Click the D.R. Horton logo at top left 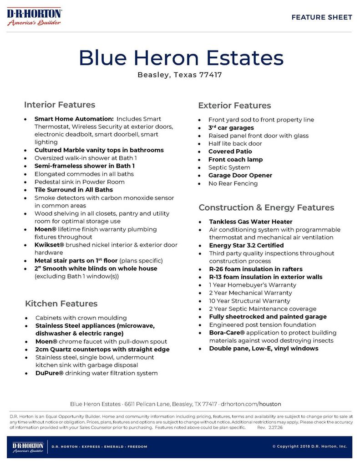pyautogui.click(x=35, y=17)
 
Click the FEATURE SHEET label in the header pyautogui.click(x=322, y=17)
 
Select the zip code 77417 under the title pyautogui.click(x=211, y=75)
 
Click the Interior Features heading pyautogui.click(x=60, y=105)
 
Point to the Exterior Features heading pyautogui.click(x=234, y=106)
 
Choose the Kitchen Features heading pyautogui.click(x=61, y=304)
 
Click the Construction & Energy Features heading pyautogui.click(x=266, y=208)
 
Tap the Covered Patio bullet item pyautogui.click(x=230, y=152)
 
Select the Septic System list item pyautogui.click(x=229, y=167)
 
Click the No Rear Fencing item pyautogui.click(x=233, y=183)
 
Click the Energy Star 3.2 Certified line pyautogui.click(x=246, y=245)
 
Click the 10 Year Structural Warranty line pyautogui.click(x=249, y=301)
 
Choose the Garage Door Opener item pyautogui.click(x=240, y=175)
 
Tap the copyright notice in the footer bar pyautogui.click(x=309, y=446)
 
